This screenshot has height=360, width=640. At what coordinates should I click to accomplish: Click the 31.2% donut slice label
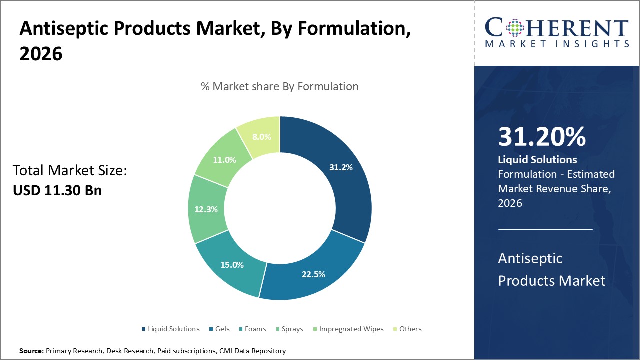point(341,167)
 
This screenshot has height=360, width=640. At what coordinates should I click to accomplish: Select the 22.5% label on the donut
point(313,274)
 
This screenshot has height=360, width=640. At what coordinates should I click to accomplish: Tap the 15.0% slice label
point(232,265)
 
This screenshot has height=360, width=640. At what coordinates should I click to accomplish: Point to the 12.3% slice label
point(206,209)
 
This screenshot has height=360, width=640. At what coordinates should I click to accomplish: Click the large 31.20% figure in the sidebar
point(542,137)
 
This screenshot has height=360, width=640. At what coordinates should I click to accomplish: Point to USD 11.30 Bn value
point(57,190)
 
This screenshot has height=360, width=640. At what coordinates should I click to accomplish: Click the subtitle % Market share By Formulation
point(279,86)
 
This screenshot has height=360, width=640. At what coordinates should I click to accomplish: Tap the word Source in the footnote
point(32,351)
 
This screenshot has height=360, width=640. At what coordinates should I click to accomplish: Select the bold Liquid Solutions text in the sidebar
point(537,160)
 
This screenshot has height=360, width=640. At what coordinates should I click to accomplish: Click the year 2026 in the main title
point(41,54)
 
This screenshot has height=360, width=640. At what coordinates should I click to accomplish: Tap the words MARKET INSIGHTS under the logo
point(556,44)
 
